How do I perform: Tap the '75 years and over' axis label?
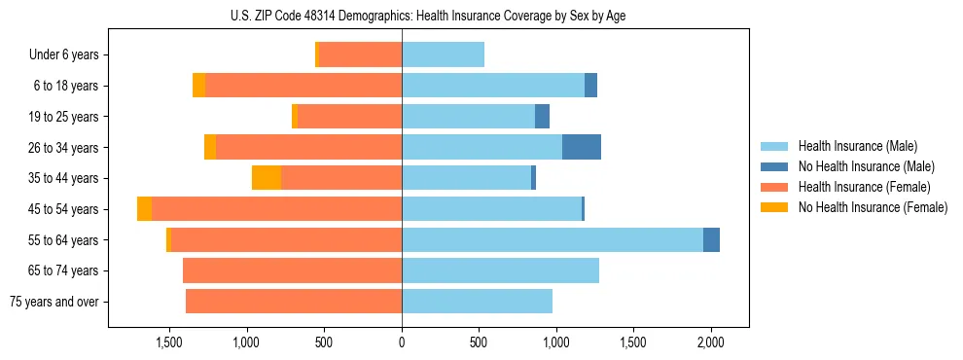click(x=53, y=302)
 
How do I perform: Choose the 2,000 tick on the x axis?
click(x=711, y=343)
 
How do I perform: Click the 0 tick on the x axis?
click(x=402, y=343)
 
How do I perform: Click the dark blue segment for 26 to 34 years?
click(x=582, y=147)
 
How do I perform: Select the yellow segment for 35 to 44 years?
click(x=267, y=178)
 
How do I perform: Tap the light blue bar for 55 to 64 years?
click(x=553, y=239)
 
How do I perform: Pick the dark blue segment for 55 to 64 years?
click(x=711, y=239)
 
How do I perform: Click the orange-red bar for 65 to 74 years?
click(x=292, y=270)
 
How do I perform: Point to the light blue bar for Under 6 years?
click(x=443, y=55)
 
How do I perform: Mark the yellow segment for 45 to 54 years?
click(x=144, y=209)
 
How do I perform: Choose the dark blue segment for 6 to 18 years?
click(x=590, y=86)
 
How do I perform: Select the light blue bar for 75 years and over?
click(x=477, y=302)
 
